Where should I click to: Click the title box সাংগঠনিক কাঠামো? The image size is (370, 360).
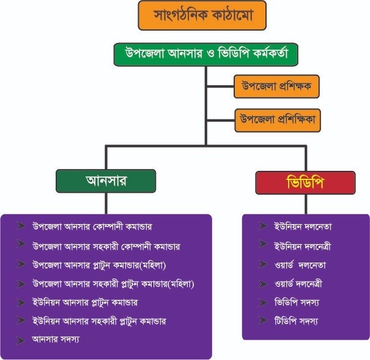click(x=202, y=15)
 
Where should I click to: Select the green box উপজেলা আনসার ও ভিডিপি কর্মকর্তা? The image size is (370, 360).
click(x=205, y=54)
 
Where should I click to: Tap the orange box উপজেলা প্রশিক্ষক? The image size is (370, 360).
click(x=276, y=86)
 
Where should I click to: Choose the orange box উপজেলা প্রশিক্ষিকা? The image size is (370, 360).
click(x=278, y=120)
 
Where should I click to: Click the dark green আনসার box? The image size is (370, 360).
click(x=106, y=181)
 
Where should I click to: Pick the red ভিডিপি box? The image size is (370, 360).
click(x=305, y=183)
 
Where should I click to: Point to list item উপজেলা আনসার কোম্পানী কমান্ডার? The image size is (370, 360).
click(x=92, y=227)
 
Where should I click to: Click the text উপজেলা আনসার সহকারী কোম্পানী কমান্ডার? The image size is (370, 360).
click(x=106, y=247)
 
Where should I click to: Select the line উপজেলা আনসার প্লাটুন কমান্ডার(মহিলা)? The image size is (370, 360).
click(x=99, y=265)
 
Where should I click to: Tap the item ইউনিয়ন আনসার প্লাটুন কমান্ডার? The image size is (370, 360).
click(x=85, y=302)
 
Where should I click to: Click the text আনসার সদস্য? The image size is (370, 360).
click(x=56, y=339)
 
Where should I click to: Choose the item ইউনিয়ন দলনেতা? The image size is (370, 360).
click(x=303, y=227)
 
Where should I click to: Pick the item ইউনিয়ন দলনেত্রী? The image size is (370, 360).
click(x=302, y=247)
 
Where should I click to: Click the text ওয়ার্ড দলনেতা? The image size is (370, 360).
click(x=300, y=265)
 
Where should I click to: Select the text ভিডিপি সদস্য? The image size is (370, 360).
click(x=297, y=302)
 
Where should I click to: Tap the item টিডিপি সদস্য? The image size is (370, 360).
click(x=296, y=321)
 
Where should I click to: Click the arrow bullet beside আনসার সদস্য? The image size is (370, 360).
click(x=21, y=340)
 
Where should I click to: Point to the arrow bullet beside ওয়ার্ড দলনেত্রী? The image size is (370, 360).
click(x=263, y=284)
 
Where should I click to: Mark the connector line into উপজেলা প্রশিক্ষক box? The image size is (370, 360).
click(x=220, y=86)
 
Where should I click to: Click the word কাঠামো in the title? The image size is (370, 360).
click(x=232, y=15)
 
